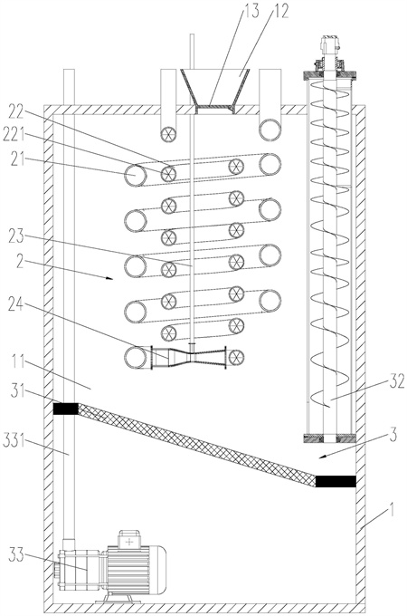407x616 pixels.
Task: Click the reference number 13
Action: [x=251, y=11]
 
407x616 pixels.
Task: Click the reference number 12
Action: [x=280, y=11]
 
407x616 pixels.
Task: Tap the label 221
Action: [x=14, y=135]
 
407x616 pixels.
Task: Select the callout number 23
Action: [x=16, y=237]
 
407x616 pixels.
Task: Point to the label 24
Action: [x=16, y=304]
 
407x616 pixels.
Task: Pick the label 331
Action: [x=14, y=441]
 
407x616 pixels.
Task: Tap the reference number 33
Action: [x=16, y=556]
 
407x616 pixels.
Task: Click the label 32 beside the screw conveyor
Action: [x=396, y=380]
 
